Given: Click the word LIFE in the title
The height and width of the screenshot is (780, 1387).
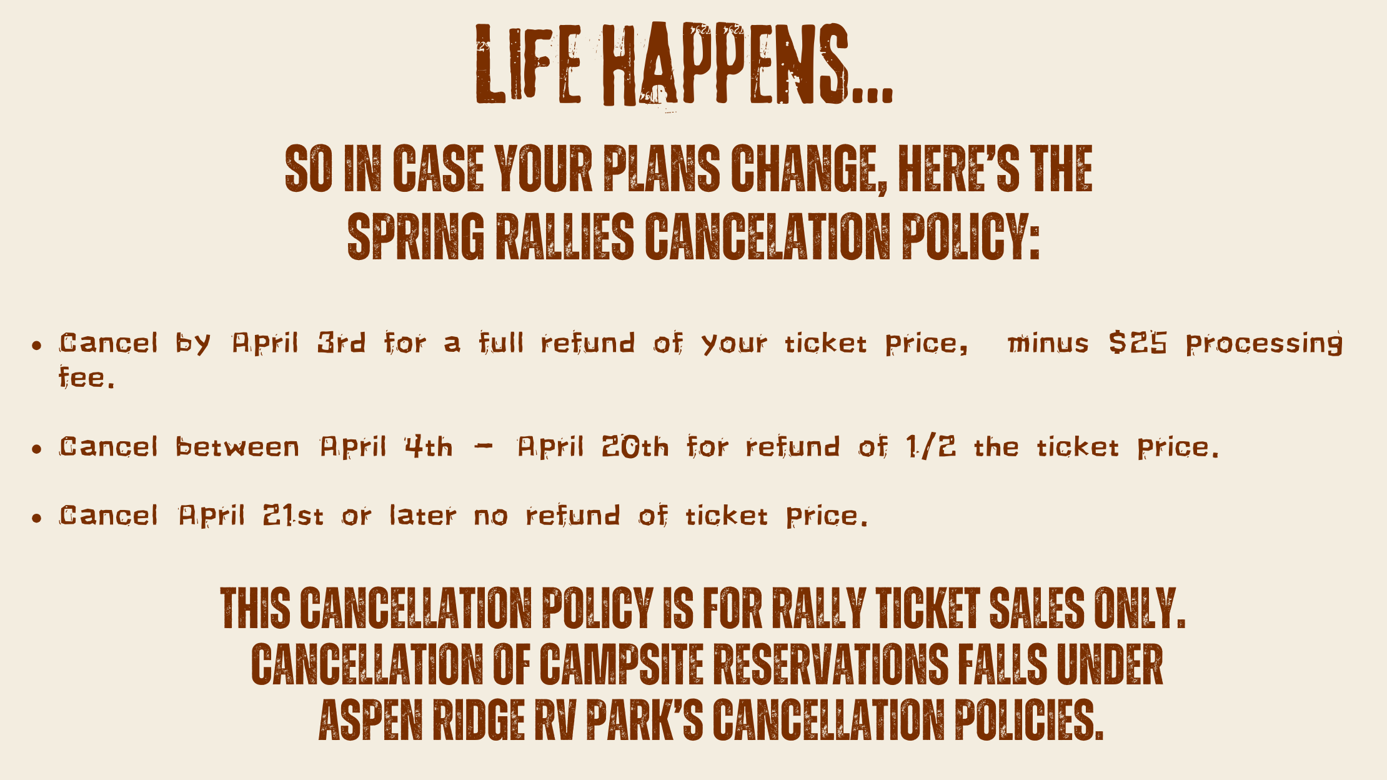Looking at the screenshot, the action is click(x=528, y=64).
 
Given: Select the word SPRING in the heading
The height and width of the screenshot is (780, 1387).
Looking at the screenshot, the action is click(x=415, y=237).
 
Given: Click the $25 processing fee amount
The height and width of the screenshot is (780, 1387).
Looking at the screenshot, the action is click(x=1138, y=342).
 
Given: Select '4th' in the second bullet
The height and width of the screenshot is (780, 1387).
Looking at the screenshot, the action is click(x=428, y=447).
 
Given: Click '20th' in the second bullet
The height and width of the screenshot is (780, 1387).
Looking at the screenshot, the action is click(x=635, y=447).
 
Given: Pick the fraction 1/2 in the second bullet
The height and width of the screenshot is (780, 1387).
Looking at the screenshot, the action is click(x=930, y=447).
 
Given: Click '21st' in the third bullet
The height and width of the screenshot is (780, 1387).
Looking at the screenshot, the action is click(x=293, y=516).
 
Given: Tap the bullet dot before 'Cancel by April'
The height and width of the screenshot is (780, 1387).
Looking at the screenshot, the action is click(x=37, y=345).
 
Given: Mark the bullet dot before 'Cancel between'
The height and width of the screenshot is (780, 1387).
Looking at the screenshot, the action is click(x=37, y=449).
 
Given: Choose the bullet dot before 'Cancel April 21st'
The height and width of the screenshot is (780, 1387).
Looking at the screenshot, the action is click(x=37, y=517).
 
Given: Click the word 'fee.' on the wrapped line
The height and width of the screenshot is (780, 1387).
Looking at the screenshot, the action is click(x=87, y=377).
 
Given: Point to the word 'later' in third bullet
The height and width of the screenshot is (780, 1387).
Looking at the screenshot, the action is click(x=423, y=516).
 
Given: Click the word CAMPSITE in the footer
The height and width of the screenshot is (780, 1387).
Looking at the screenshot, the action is click(x=621, y=664).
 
